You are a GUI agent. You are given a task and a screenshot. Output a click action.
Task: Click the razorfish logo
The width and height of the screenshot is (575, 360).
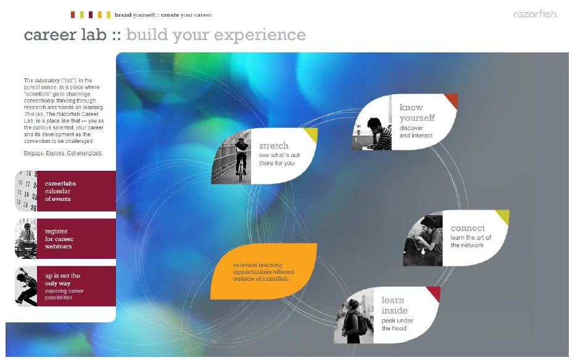point(536,14)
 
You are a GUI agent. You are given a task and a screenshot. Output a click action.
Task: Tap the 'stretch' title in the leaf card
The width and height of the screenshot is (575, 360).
point(274,145)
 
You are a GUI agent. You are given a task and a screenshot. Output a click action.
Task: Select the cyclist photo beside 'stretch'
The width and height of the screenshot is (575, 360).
point(231,157)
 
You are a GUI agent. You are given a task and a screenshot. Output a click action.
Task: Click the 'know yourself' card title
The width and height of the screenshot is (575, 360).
point(417,112)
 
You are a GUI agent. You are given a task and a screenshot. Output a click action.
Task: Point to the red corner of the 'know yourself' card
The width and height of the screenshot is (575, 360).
point(453,100)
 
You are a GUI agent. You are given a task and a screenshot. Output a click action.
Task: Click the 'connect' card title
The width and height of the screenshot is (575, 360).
point(468,228)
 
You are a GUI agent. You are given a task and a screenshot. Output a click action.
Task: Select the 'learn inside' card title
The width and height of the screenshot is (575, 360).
point(394,305)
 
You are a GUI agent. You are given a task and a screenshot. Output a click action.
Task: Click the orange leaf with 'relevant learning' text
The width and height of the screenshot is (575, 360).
point(263,271)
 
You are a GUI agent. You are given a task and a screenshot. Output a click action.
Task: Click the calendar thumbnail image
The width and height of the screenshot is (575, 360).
point(26,191)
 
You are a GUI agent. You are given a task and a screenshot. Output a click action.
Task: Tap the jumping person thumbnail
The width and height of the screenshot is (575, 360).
point(26,286)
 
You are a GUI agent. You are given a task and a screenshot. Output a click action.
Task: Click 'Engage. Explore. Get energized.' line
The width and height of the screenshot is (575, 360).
point(63,153)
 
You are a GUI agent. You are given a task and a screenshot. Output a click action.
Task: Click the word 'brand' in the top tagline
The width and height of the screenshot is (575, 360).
point(123,15)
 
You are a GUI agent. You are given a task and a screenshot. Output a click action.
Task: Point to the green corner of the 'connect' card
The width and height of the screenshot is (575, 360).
point(503,216)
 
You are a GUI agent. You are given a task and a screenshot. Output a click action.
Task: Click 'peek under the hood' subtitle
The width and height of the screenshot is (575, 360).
point(397,324)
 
